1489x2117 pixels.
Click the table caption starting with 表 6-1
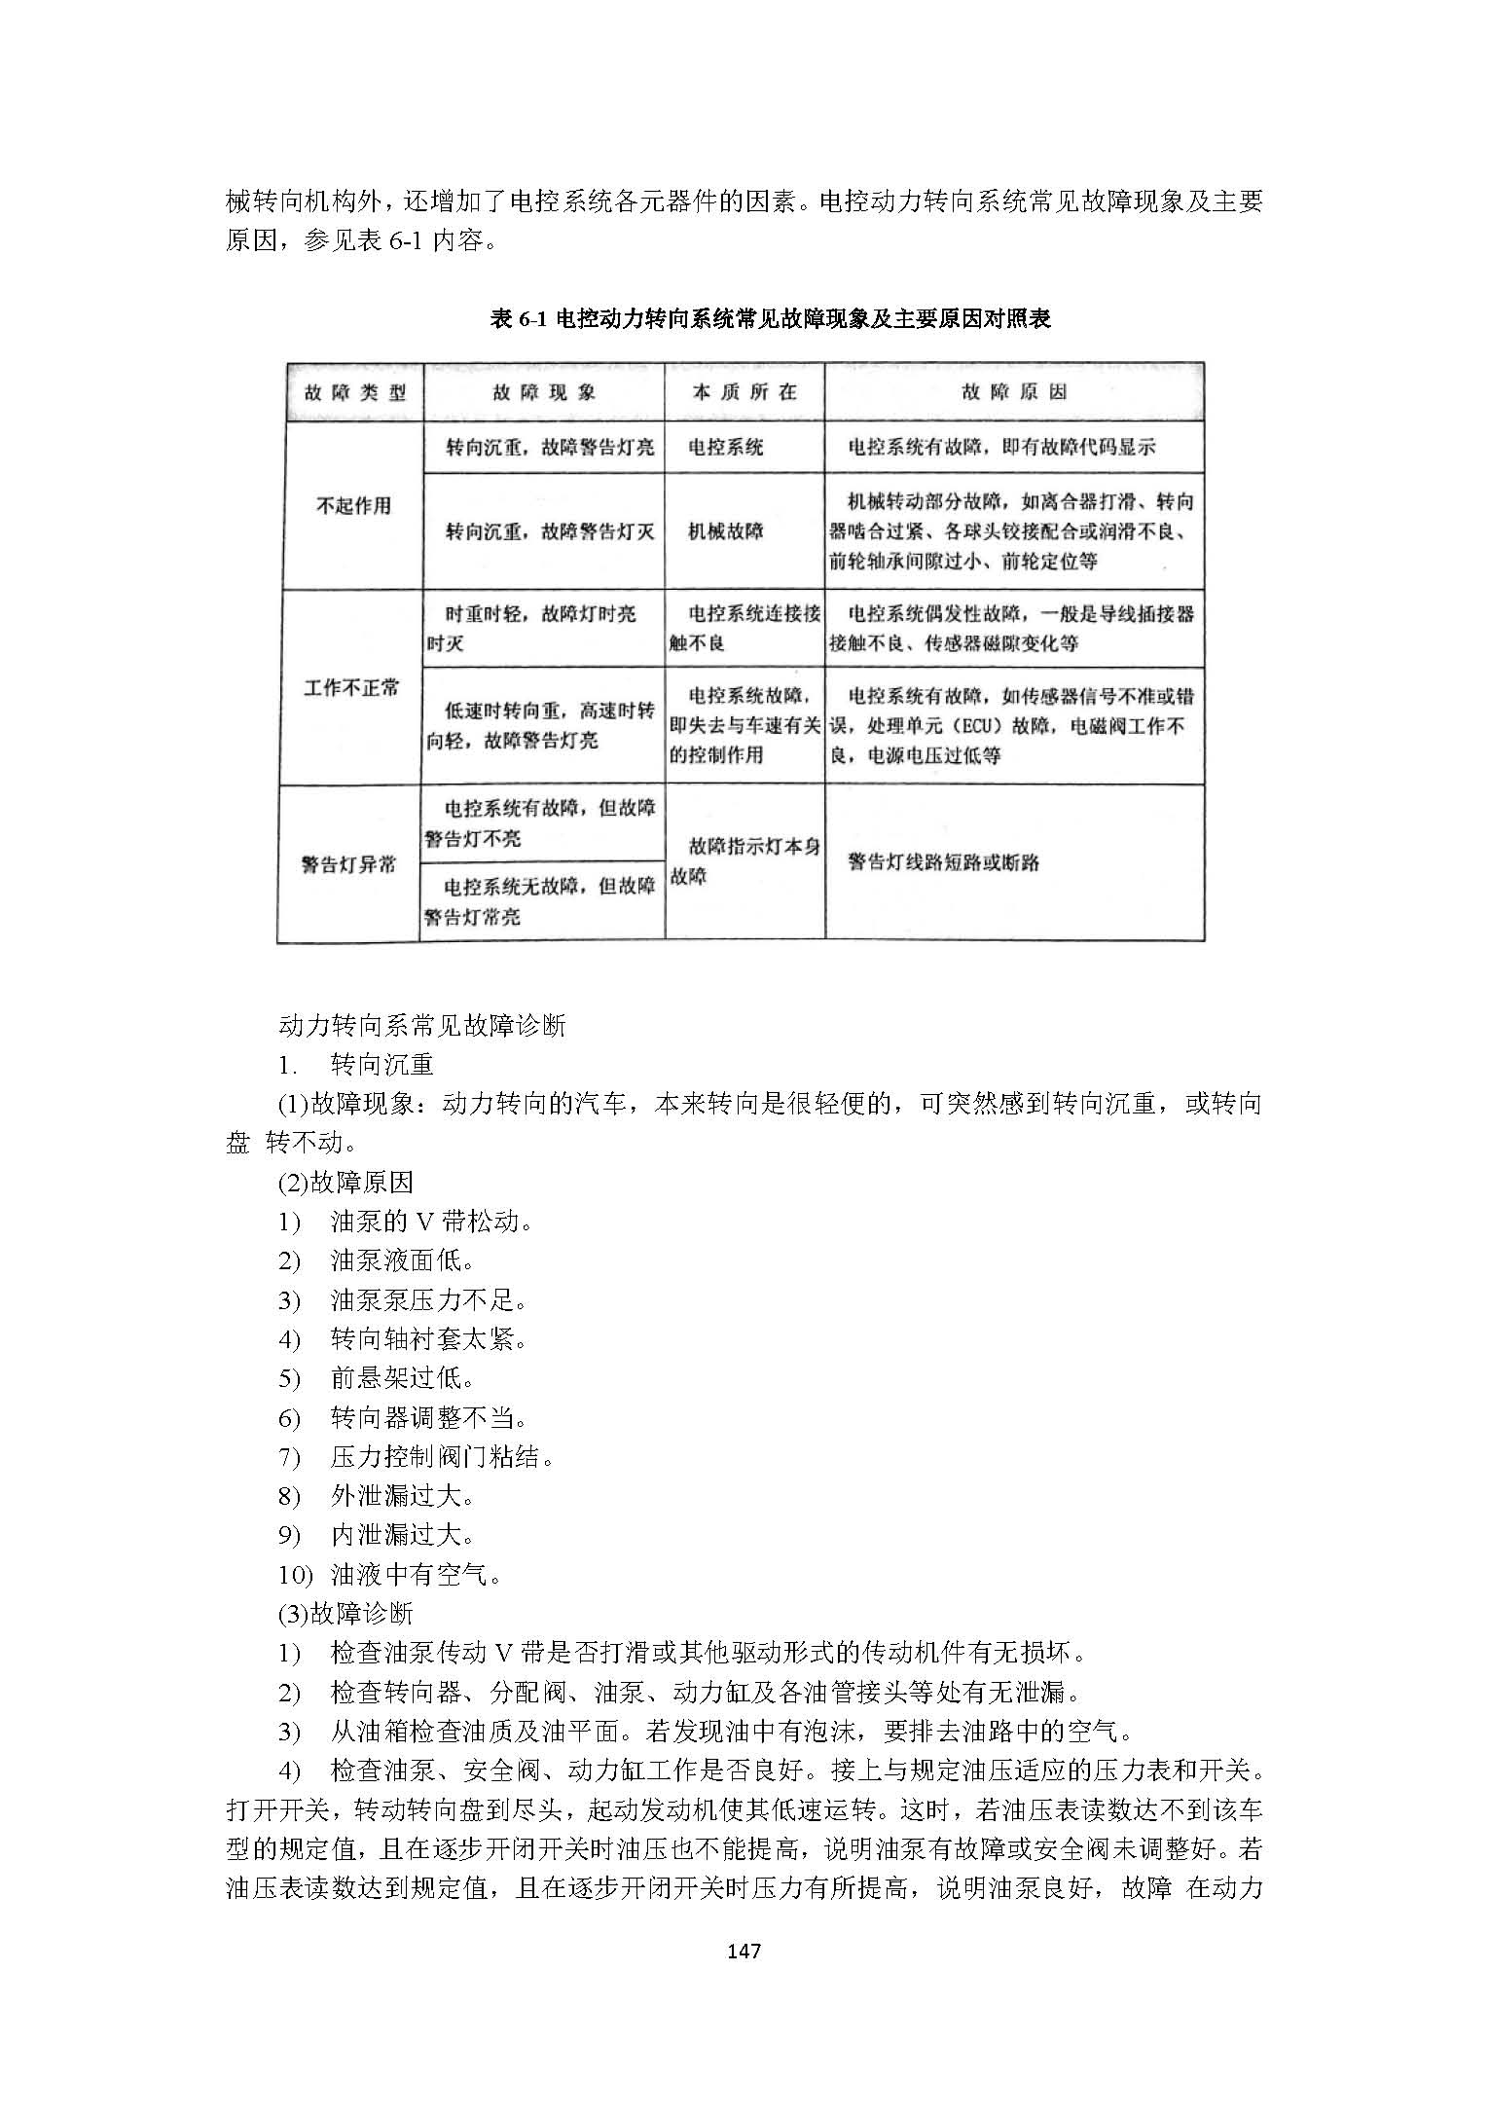coord(770,318)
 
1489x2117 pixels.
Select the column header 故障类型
coord(354,392)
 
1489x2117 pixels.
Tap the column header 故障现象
coord(543,392)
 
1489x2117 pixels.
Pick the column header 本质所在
coord(744,392)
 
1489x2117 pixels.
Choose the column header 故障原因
coord(1013,392)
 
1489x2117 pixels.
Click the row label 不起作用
coord(353,505)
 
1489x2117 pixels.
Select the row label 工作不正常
coord(351,687)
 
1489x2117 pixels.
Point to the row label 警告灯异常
coord(348,863)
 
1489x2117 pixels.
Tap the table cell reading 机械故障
coord(726,531)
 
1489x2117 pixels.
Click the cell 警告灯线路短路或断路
coord(943,862)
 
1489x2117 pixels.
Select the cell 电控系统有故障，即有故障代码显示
coord(1001,448)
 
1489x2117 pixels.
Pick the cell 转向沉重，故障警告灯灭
coord(550,531)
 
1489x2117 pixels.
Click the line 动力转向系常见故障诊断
coord(421,1025)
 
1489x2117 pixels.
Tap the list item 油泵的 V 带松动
coord(431,1221)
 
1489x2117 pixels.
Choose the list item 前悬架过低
coord(403,1378)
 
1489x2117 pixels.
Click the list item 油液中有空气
coord(417,1574)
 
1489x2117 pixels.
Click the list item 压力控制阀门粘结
coord(443,1456)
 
